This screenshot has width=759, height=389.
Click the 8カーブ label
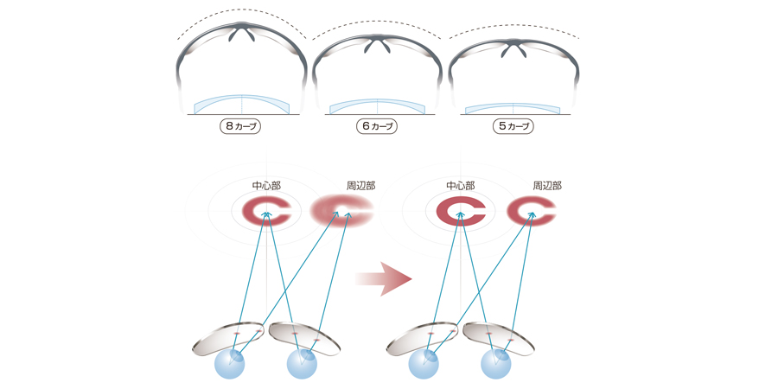(241, 126)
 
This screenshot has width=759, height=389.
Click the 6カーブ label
(377, 126)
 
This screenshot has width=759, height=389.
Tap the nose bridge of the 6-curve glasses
(377, 44)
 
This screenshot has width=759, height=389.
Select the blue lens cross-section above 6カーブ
(377, 105)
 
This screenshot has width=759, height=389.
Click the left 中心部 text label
(266, 185)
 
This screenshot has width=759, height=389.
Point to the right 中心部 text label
(460, 185)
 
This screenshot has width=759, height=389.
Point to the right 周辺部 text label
(546, 185)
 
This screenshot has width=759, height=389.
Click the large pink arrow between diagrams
(383, 278)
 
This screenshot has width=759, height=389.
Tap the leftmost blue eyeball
(230, 363)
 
